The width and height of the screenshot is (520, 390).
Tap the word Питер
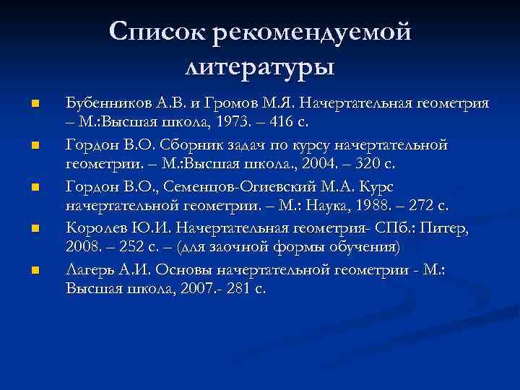pos(447,230)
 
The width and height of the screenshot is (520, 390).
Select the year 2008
pos(83,247)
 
